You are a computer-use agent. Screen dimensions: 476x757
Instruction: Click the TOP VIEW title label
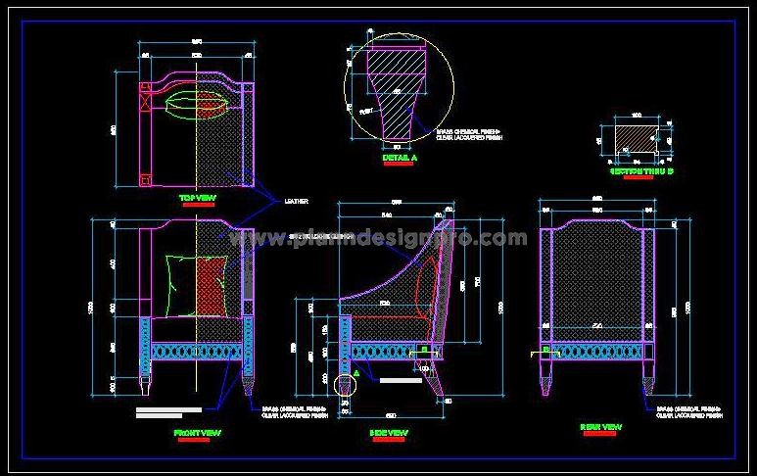(196, 198)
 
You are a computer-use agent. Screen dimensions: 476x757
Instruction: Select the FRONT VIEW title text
(197, 432)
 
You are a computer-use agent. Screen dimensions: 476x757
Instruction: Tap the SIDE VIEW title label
(389, 432)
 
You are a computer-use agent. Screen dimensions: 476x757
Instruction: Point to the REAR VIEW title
(600, 427)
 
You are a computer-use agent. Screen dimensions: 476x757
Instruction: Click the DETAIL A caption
(399, 157)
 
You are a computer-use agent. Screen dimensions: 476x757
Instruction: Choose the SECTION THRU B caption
(641, 170)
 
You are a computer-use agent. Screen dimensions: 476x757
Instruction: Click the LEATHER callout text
(296, 201)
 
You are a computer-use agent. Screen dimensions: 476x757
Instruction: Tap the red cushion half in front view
(213, 285)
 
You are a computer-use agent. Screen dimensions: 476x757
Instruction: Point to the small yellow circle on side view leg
(344, 385)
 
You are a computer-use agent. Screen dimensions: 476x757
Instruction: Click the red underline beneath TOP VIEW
(197, 206)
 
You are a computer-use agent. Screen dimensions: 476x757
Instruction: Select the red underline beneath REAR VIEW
(599, 435)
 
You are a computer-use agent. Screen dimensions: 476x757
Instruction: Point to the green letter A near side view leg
(358, 372)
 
